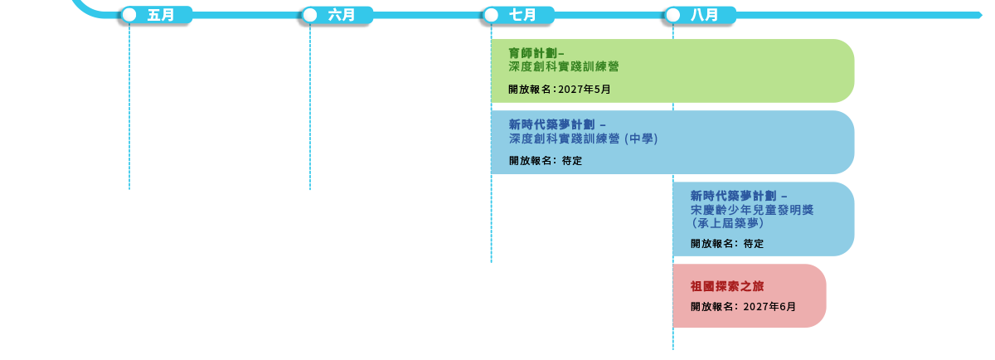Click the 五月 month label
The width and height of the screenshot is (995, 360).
tap(161, 15)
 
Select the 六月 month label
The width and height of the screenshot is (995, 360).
tap(342, 15)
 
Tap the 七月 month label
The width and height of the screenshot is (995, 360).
tap(522, 15)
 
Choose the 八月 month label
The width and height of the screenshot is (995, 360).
tap(703, 15)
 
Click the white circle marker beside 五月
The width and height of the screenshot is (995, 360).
tap(129, 15)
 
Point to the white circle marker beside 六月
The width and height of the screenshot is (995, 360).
tap(310, 15)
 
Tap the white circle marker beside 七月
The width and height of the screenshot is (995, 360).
tap(491, 15)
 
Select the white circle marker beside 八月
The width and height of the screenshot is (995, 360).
tap(672, 15)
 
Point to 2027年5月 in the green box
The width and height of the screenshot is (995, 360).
tap(585, 90)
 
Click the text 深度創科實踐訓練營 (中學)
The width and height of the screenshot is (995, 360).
tap(583, 139)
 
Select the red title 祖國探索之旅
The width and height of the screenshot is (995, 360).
tap(726, 286)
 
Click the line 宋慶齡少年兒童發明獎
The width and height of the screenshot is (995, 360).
tap(752, 210)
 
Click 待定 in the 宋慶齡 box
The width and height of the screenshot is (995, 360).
tap(754, 245)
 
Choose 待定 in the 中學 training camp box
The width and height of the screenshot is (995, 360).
tap(572, 161)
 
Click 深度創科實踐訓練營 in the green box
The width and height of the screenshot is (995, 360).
tap(564, 66)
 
